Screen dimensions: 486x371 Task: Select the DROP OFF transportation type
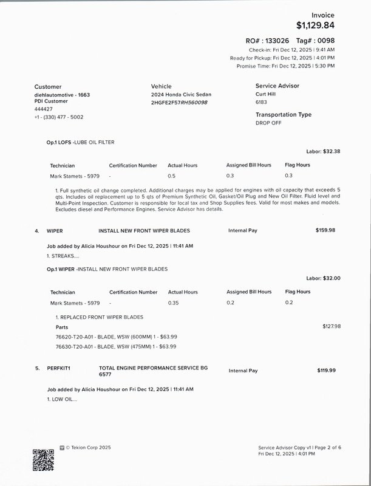click(x=269, y=123)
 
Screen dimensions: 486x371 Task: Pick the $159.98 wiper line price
click(x=325, y=231)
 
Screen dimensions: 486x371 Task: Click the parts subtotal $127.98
click(x=332, y=326)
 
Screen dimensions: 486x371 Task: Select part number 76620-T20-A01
click(x=77, y=337)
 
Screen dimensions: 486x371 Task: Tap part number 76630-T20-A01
click(x=77, y=347)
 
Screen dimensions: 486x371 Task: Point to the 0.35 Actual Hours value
click(x=174, y=302)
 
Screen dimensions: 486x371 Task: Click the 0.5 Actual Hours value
click(x=172, y=176)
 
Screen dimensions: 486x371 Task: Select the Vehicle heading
click(x=161, y=87)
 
